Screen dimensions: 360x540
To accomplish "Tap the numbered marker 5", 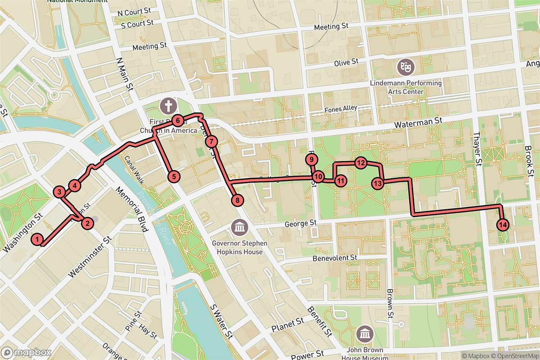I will [174, 176].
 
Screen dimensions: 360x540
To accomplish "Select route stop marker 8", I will [237, 201].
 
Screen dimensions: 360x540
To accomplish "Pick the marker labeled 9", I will [311, 159].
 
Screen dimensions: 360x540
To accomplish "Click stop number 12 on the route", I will [360, 163].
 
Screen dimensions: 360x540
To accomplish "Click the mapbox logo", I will [26, 352].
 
